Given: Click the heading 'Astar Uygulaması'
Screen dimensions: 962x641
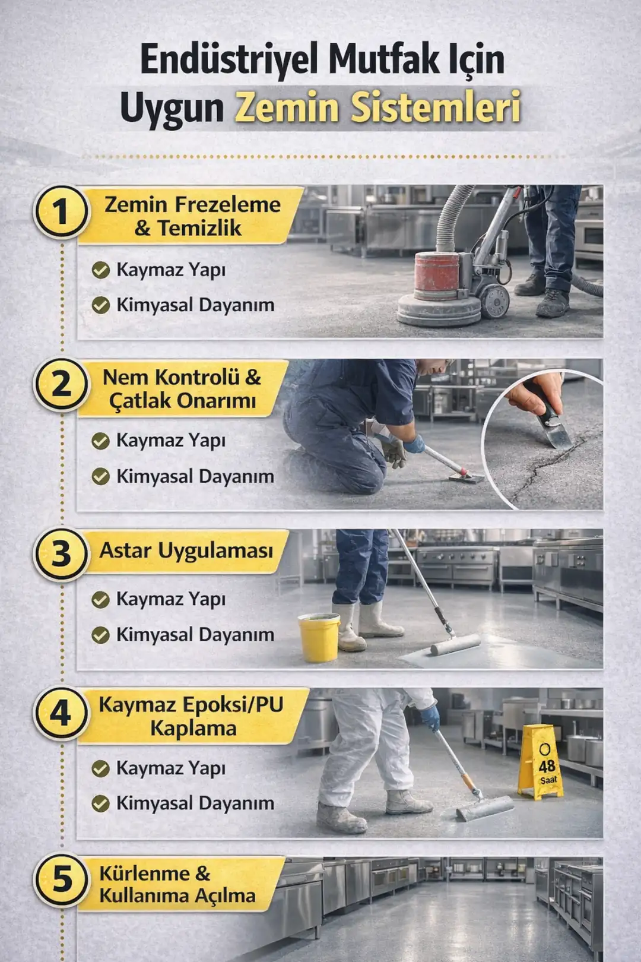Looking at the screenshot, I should click(x=186, y=550).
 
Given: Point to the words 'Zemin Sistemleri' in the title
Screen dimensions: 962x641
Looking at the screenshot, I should click(x=377, y=107).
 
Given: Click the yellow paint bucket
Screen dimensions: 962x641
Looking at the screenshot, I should click(x=319, y=638).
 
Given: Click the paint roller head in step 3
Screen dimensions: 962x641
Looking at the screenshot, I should click(x=456, y=644).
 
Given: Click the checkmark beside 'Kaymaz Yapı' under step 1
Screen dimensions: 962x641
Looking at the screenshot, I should click(x=101, y=270).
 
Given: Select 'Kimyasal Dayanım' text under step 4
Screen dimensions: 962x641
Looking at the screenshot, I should click(x=195, y=803).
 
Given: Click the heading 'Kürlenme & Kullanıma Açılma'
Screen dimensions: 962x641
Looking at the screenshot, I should click(x=177, y=884).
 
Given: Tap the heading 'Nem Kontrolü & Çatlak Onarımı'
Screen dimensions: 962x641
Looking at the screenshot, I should click(x=182, y=388).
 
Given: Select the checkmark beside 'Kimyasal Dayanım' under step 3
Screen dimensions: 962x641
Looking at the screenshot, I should click(x=101, y=635).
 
